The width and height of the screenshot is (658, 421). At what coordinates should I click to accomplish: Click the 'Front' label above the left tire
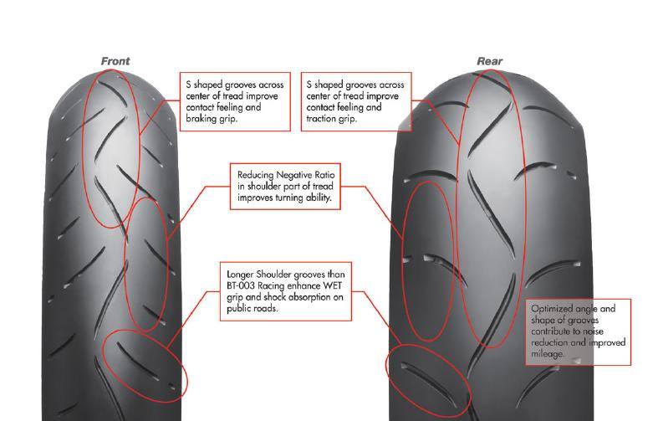coord(115,61)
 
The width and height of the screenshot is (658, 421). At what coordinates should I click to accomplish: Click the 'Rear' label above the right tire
coord(489,61)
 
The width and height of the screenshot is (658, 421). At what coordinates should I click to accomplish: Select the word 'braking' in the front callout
coord(199,119)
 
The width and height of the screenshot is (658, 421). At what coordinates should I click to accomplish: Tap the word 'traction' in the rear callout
coord(322,119)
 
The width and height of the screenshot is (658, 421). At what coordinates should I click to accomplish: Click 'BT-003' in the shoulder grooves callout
coord(242,285)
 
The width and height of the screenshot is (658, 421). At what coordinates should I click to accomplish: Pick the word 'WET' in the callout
coord(328,285)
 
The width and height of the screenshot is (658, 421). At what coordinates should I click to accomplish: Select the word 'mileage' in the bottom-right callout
coord(548,354)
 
